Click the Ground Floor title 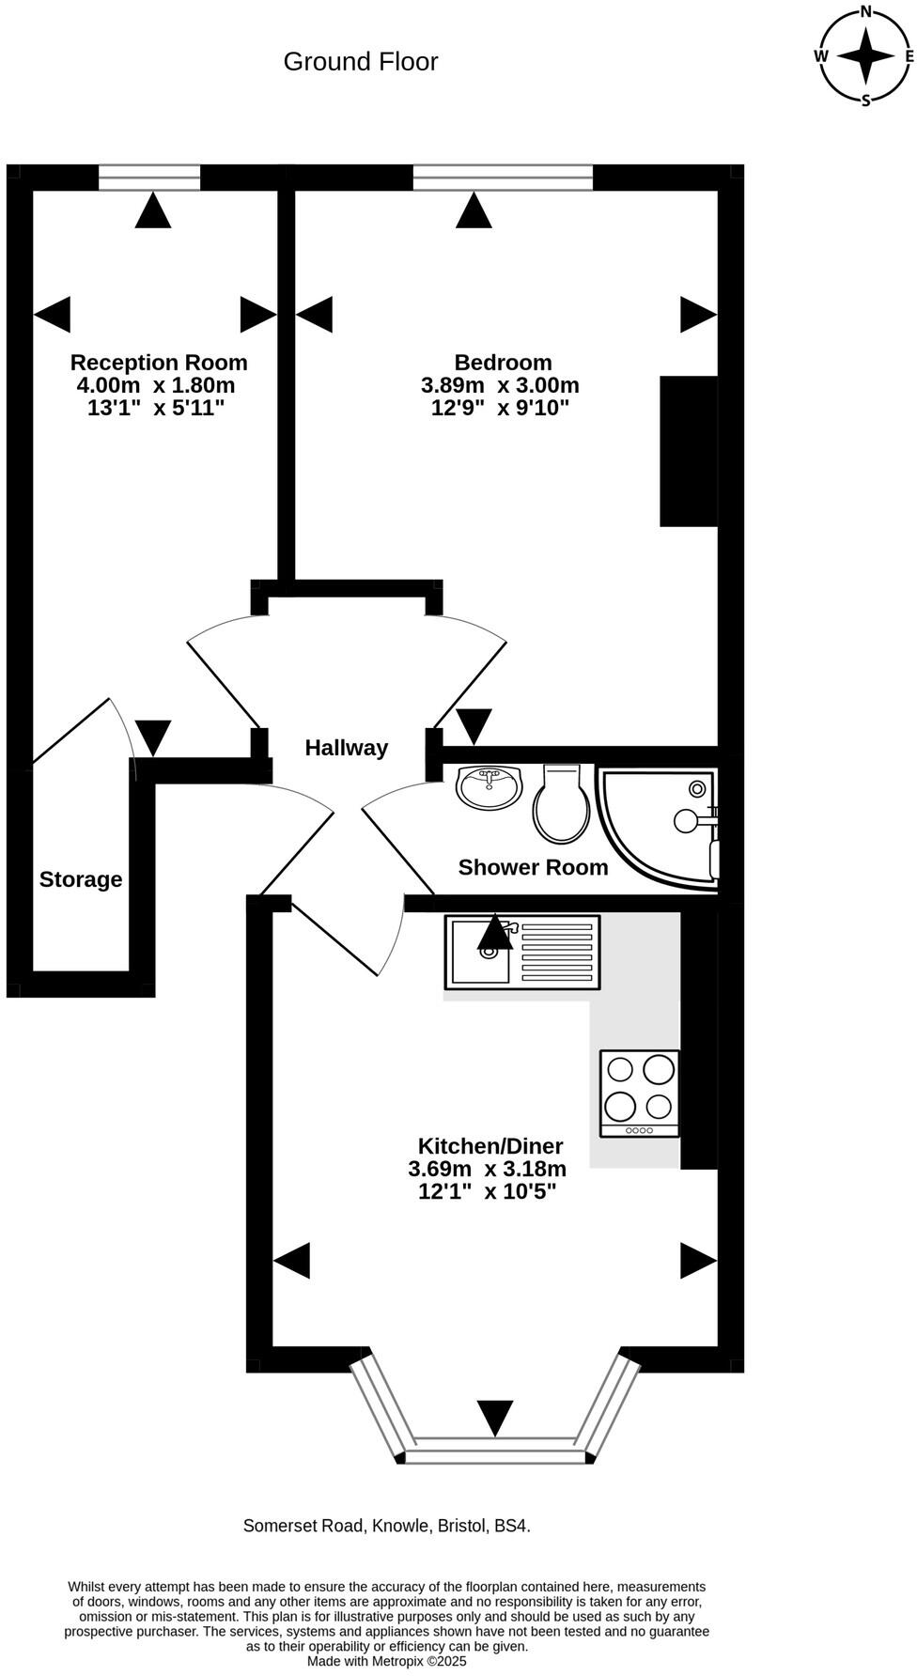coord(361,62)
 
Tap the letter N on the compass coord(865,12)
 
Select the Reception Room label coord(159,363)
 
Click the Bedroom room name coord(503,363)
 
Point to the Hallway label coord(346,748)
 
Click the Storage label coord(81,879)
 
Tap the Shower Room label coord(533,867)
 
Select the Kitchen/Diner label coord(490,1146)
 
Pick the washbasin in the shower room coord(490,786)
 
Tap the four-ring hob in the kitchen coord(640,1093)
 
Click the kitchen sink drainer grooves coord(556,952)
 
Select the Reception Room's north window coord(149,177)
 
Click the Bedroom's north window coord(503,177)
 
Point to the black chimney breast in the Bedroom coord(689,451)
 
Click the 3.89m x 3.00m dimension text coord(500,385)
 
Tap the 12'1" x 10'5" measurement coord(488,1191)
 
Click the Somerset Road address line coord(387,1526)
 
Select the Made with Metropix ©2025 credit coord(387,1661)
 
